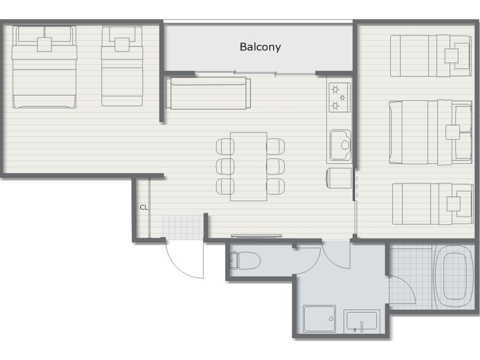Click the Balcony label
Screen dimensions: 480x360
(x=260, y=47)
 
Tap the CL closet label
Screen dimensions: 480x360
(x=144, y=207)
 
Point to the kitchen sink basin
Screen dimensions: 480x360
(x=340, y=145)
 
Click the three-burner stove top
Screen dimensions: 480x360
(x=339, y=97)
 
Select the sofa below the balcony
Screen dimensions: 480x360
(x=208, y=94)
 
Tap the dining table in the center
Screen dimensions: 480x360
(x=249, y=167)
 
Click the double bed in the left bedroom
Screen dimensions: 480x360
(x=44, y=67)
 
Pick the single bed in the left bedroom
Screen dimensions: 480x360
(x=122, y=66)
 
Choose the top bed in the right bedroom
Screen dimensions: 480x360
(x=431, y=56)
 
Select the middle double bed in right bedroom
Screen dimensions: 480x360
(x=431, y=132)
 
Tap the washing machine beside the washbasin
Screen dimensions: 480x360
(x=319, y=319)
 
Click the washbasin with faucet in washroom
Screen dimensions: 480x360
(x=362, y=322)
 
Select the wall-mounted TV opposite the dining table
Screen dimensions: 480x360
(x=256, y=236)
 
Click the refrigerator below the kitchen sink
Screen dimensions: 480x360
(x=339, y=178)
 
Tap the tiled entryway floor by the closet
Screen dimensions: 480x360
(x=183, y=227)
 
